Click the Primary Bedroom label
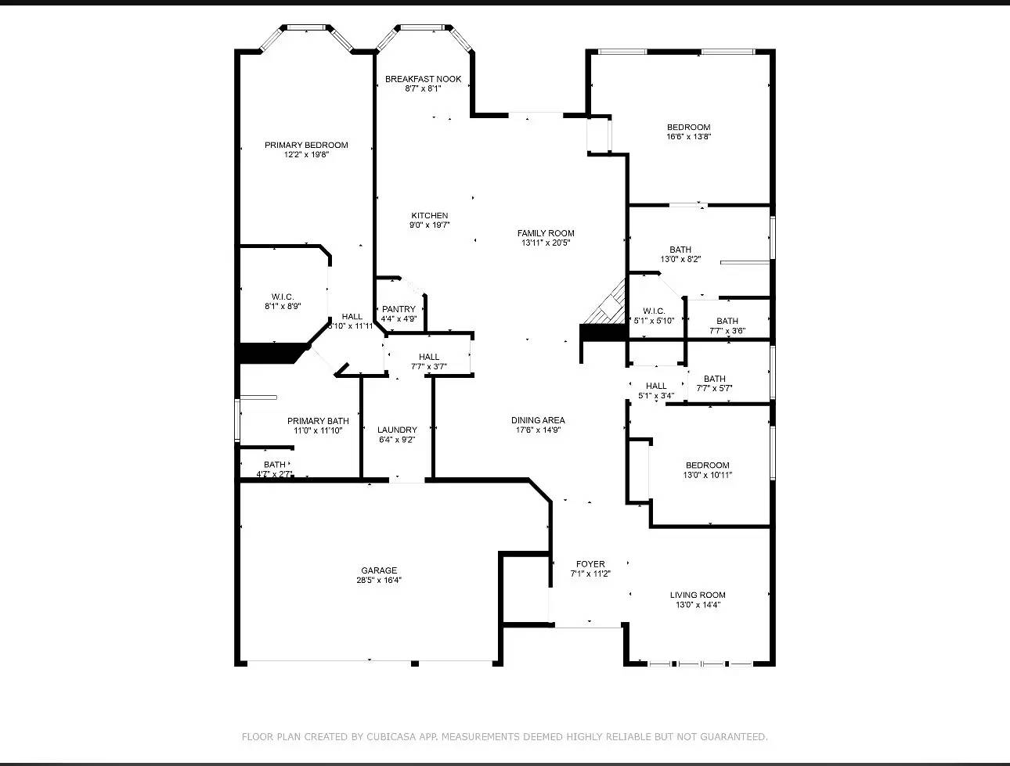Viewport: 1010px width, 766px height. click(x=306, y=146)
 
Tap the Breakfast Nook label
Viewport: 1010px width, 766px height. click(x=423, y=79)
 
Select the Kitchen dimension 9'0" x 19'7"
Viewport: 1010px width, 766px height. click(x=430, y=225)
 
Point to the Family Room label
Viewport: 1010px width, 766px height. click(x=546, y=233)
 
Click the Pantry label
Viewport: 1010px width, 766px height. click(x=399, y=309)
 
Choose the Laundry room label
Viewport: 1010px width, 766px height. click(x=397, y=430)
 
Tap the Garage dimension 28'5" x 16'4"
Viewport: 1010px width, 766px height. click(x=379, y=581)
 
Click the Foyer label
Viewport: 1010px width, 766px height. click(x=590, y=564)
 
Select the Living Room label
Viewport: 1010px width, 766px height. click(x=698, y=595)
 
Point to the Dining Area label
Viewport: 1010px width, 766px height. click(x=538, y=420)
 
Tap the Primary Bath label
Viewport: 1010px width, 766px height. click(x=318, y=421)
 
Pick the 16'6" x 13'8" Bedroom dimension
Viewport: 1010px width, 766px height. click(x=688, y=137)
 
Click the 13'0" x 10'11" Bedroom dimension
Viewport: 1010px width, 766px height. click(x=708, y=475)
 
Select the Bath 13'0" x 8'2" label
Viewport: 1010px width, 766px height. click(x=680, y=250)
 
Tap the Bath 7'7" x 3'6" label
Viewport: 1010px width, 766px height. click(x=727, y=321)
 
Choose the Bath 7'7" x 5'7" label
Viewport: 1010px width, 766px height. click(x=714, y=379)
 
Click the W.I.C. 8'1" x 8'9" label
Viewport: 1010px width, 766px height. click(x=283, y=297)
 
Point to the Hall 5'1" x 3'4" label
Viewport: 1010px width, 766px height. click(x=656, y=386)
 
